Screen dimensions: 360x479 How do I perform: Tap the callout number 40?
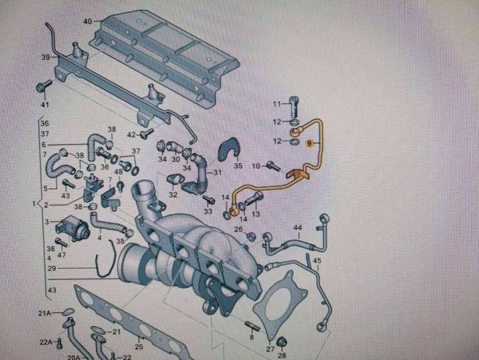88,22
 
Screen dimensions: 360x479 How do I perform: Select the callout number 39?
46,58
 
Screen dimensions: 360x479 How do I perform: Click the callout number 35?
238,166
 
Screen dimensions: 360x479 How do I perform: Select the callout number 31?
217,173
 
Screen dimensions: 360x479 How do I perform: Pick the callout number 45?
317,260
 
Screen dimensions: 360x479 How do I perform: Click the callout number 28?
282,355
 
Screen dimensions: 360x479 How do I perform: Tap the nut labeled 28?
282,341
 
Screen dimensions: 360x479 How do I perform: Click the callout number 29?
52,269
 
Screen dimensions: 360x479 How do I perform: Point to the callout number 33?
207,211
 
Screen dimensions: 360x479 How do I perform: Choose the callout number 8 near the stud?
252,338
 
